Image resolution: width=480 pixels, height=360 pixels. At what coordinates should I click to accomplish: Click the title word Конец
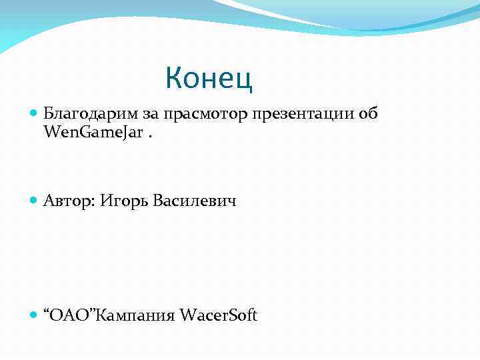(x=209, y=78)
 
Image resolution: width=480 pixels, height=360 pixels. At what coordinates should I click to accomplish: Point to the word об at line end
(x=368, y=114)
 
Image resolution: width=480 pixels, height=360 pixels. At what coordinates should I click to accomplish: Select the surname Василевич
(x=195, y=201)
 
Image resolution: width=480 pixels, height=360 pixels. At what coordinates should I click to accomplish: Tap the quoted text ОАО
(x=71, y=315)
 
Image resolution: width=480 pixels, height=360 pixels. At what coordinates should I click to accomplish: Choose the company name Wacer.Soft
(x=218, y=315)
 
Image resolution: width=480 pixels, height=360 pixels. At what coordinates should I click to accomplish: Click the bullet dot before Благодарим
(x=35, y=115)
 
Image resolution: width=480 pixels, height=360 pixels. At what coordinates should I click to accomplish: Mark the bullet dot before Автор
(x=35, y=201)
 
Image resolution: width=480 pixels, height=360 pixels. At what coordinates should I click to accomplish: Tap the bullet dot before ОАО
(x=35, y=315)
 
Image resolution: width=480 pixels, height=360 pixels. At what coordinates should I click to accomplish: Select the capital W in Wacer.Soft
(x=187, y=315)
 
